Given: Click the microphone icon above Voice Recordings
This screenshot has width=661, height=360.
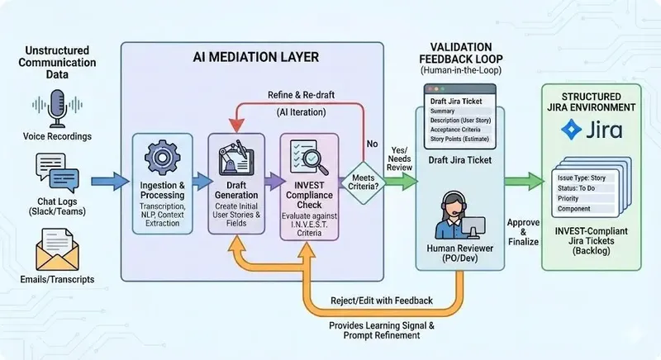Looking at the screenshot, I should tap(57, 107).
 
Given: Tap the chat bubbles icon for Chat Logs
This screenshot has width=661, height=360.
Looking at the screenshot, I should tap(56, 172).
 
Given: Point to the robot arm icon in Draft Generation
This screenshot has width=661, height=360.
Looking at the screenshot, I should tap(234, 158).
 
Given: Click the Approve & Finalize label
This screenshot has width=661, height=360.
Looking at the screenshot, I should tap(524, 233).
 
